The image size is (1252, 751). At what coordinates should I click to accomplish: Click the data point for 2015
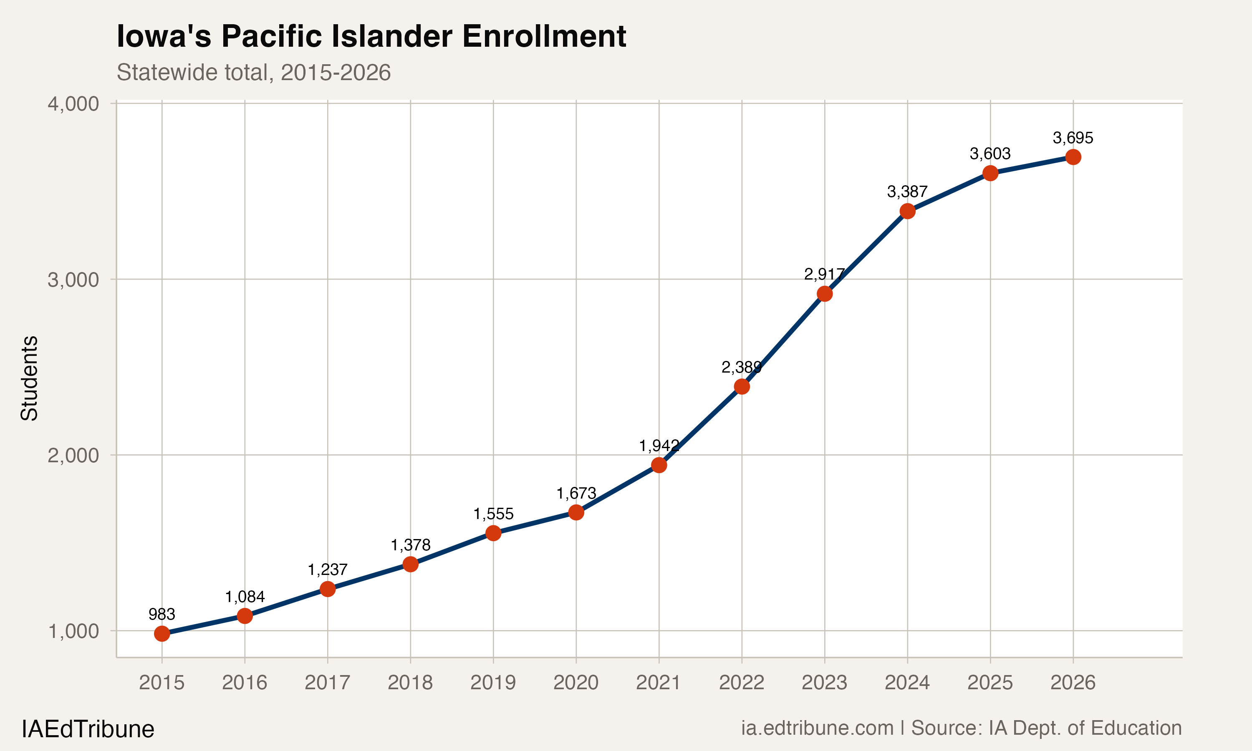[162, 634]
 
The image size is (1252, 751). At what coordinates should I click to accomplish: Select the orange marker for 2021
[659, 465]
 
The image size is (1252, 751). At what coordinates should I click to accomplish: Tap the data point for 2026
[1073, 157]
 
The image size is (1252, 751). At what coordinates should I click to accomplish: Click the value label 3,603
[990, 154]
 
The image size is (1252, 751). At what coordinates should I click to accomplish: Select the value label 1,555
[493, 514]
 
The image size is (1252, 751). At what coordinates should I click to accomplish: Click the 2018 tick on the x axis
[410, 683]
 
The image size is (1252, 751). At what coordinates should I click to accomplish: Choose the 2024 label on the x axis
[907, 683]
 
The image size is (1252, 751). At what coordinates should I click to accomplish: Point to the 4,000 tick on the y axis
[73, 104]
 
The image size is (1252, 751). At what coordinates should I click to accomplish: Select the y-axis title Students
[29, 378]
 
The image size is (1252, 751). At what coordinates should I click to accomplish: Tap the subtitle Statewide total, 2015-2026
[254, 72]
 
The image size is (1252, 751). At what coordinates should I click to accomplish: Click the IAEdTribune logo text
[88, 729]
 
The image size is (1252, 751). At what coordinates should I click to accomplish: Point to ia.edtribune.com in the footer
[817, 728]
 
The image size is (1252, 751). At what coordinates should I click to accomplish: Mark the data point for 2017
[328, 589]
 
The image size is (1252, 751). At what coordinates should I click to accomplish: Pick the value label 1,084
[245, 597]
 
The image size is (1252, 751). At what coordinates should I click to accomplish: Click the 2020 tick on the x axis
[576, 683]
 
